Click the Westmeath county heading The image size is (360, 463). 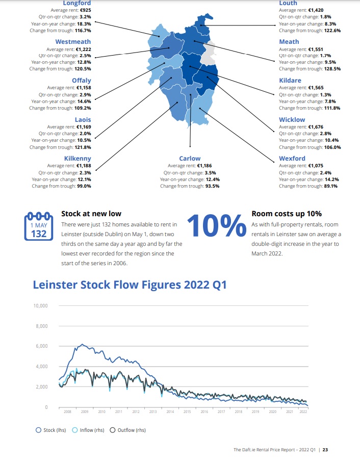coord(73,42)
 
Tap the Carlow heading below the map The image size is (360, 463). coord(190,159)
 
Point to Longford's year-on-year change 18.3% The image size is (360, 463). coord(84,24)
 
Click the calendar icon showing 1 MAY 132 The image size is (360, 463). coord(39,226)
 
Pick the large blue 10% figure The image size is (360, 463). coord(217,226)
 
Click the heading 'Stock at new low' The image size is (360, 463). coord(91,214)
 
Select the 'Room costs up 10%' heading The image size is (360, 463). coord(287,214)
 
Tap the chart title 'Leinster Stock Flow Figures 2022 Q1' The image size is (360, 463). coord(130,285)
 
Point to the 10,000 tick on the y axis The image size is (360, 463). coord(40,306)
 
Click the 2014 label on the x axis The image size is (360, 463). coord(170,411)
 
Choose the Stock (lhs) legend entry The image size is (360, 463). coord(50,430)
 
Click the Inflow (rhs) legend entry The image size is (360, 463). coord(88,430)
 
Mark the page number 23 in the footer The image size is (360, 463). coord(325,450)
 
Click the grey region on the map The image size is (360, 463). coord(208,54)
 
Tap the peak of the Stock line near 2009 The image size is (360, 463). coord(83,344)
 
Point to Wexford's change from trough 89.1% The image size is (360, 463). coord(331,186)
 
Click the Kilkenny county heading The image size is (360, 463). coord(78,159)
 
